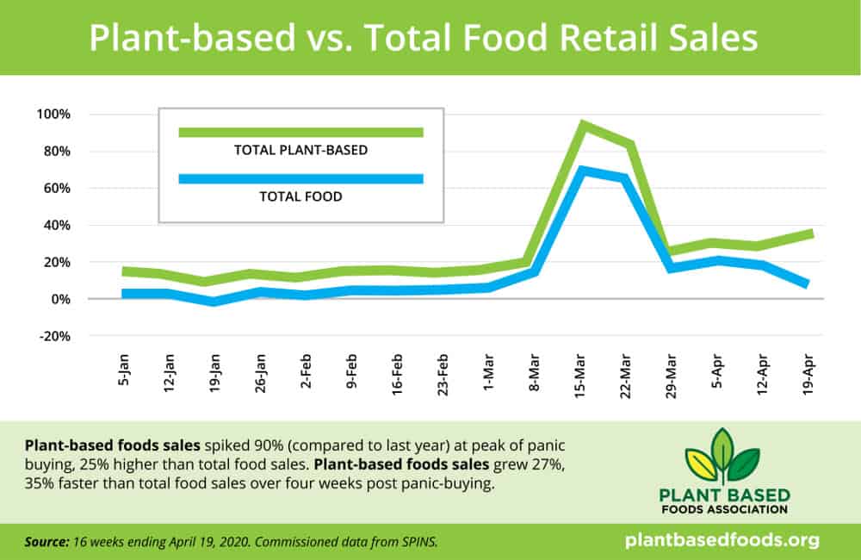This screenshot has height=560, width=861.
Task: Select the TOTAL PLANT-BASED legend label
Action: pyautogui.click(x=300, y=149)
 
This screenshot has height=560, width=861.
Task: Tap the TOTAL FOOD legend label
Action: pyautogui.click(x=300, y=196)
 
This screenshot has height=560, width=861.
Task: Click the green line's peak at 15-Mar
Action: pyautogui.click(x=584, y=125)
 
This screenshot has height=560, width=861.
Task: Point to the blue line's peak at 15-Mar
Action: pyautogui.click(x=584, y=171)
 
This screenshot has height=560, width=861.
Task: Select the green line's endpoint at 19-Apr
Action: pyautogui.click(x=810, y=233)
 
